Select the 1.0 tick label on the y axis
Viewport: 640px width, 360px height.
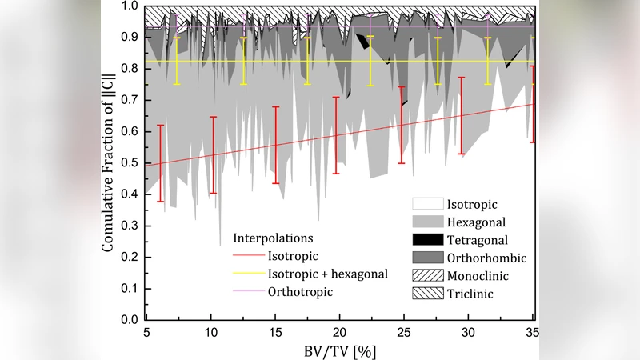click(130, 6)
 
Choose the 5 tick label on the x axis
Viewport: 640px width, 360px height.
click(146, 331)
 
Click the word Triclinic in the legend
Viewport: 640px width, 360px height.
click(472, 294)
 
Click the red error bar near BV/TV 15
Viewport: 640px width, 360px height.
click(276, 145)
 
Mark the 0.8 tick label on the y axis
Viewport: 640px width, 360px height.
click(130, 69)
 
